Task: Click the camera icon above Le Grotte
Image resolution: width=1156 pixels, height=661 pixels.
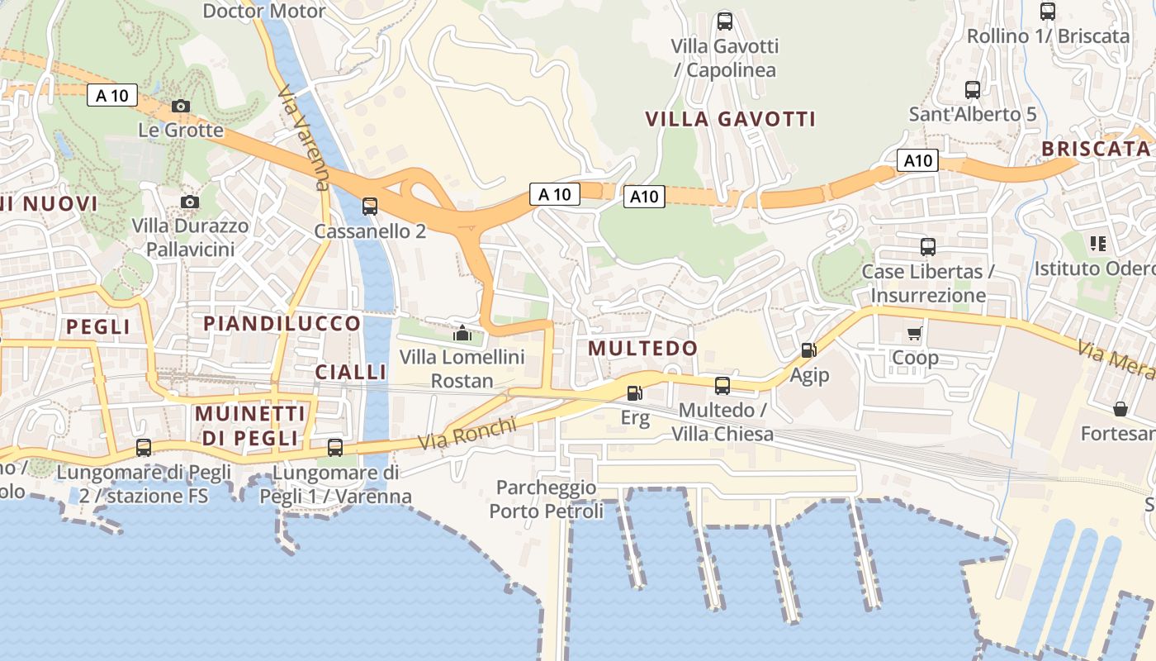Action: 181,106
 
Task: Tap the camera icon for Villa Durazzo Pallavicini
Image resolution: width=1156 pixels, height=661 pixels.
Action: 190,202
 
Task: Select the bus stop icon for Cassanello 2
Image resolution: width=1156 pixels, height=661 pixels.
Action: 370,207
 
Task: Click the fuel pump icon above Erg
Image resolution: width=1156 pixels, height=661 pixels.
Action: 635,393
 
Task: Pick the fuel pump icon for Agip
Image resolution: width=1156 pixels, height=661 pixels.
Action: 808,350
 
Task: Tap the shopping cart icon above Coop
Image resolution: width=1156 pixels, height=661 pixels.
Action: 915,334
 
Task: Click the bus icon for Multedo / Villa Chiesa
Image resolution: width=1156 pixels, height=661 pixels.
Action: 722,385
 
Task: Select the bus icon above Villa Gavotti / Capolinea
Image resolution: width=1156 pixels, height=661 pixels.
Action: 725,21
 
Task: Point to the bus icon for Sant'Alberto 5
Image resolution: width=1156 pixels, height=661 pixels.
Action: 973,89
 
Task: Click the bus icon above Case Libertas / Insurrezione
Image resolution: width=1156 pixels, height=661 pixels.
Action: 928,246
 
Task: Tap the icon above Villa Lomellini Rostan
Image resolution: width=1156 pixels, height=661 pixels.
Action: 462,334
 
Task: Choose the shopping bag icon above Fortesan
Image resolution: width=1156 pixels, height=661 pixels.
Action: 1120,409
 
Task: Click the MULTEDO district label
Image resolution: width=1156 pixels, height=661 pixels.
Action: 643,349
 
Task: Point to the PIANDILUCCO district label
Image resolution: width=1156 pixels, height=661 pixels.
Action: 282,323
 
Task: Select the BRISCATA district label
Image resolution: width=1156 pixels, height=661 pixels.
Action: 1096,149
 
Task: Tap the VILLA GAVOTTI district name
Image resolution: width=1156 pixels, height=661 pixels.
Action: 731,119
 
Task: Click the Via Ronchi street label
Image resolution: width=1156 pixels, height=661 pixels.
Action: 467,434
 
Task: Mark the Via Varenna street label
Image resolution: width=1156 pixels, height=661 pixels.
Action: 305,137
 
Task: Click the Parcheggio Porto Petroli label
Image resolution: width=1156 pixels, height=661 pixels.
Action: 547,499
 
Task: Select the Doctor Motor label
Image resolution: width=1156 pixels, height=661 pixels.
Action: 264,11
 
